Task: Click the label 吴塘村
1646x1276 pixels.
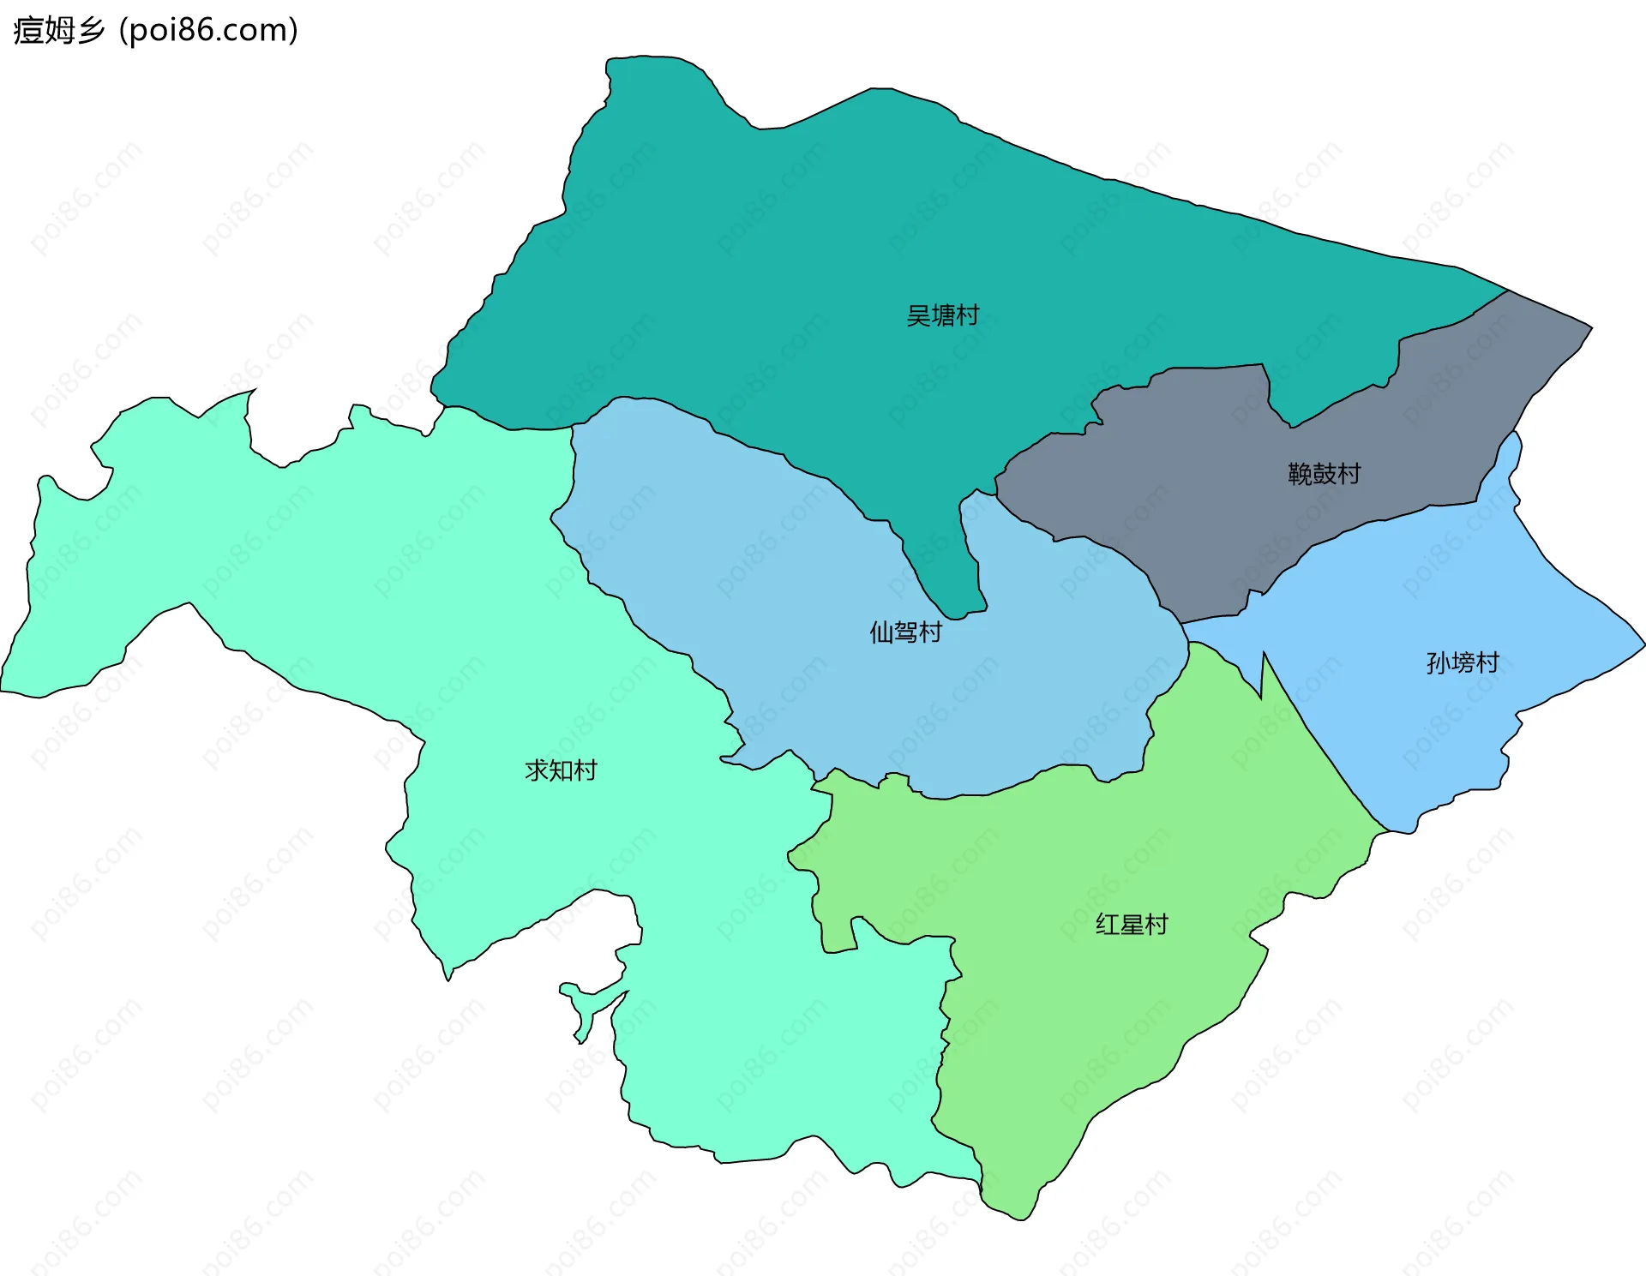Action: point(942,315)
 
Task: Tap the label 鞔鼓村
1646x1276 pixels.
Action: point(1324,473)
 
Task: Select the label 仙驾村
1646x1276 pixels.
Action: point(905,632)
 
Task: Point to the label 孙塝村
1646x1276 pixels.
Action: point(1463,662)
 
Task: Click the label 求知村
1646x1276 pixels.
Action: point(561,770)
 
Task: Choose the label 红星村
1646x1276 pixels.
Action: point(1132,924)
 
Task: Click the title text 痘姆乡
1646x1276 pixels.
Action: point(58,31)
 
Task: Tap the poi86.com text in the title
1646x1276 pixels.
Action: point(208,31)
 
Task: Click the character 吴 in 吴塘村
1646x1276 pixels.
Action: point(918,315)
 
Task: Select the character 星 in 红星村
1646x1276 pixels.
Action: point(1132,924)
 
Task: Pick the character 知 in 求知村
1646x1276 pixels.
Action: point(561,770)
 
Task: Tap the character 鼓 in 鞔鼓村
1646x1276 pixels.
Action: point(1324,473)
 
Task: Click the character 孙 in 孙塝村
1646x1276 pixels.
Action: point(1438,662)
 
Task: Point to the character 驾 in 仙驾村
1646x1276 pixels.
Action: point(905,632)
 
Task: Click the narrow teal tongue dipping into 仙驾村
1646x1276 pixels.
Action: point(952,583)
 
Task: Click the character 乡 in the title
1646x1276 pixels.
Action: point(91,31)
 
